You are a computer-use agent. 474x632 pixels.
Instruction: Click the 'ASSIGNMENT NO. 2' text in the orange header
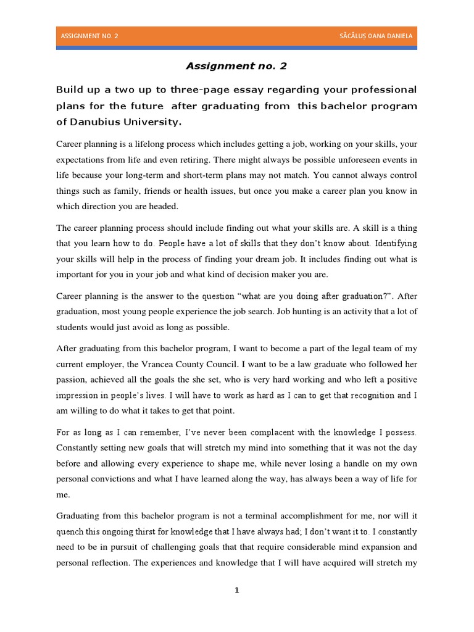89,36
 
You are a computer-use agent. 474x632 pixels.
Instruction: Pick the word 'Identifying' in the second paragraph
392,243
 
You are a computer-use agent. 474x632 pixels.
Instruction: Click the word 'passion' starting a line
72,379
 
